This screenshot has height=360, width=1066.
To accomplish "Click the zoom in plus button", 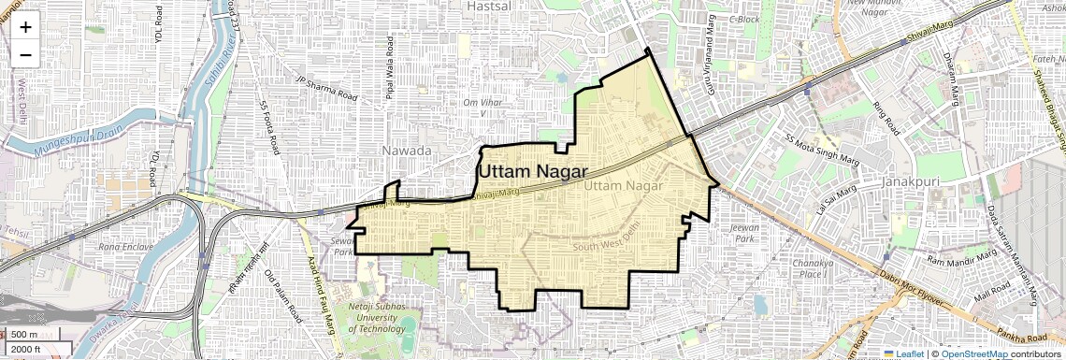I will click(25, 27).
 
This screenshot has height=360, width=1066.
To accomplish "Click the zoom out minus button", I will click(25, 54).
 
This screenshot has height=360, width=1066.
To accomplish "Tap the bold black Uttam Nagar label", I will click(533, 172).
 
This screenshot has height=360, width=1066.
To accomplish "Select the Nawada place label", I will click(407, 151).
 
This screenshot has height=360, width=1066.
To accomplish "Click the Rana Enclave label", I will click(126, 247).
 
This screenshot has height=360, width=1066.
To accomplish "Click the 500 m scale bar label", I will click(25, 335).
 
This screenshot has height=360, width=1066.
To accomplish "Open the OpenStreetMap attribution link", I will click(973, 353).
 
